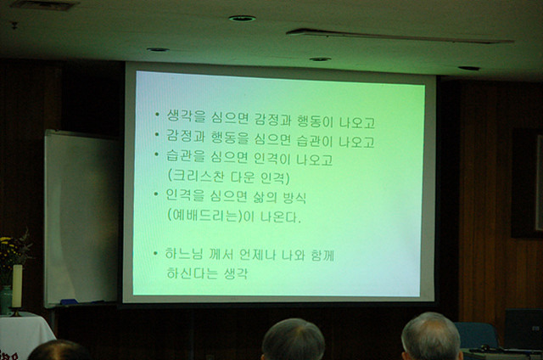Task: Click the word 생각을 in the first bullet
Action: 186,116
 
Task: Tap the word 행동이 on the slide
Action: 315,121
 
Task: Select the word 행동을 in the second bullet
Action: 230,138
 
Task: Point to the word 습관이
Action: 315,141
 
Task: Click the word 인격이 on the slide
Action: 271,159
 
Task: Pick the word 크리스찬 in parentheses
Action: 196,176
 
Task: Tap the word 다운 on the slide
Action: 243,177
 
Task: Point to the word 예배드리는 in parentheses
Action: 204,215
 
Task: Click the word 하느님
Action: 183,254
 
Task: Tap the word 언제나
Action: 258,255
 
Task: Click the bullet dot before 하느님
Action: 155,253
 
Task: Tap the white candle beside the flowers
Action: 17,286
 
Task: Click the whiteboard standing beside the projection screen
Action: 81,219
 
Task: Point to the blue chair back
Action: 477,335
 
